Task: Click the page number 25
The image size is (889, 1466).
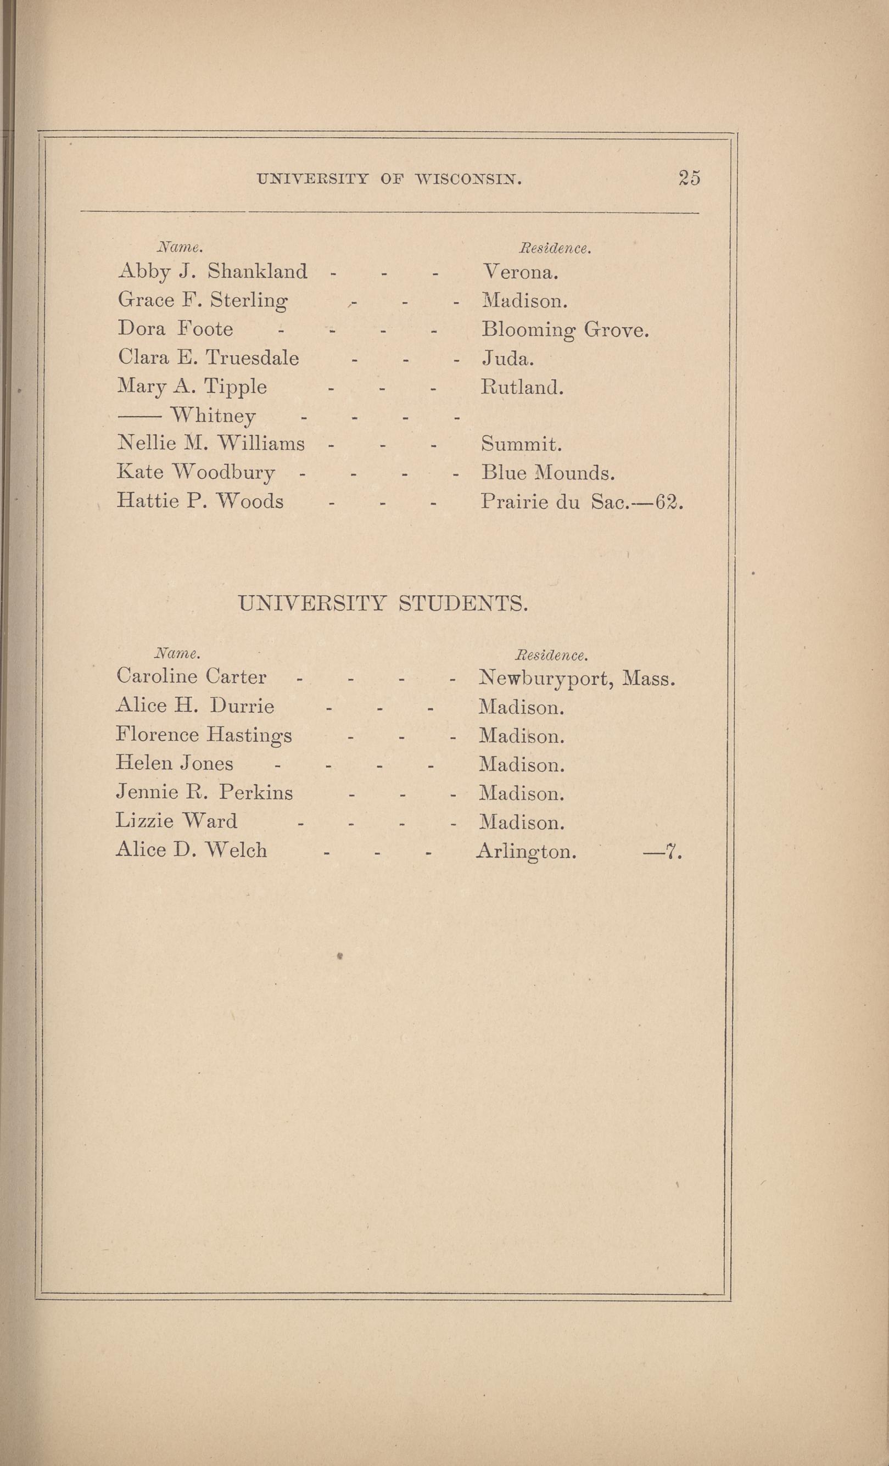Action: click(x=689, y=178)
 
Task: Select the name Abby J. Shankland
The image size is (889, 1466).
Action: click(x=213, y=272)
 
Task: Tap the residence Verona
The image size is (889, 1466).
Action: click(x=519, y=272)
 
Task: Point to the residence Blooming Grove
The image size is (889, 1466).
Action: click(x=564, y=329)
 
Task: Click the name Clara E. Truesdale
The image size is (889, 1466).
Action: click(x=208, y=357)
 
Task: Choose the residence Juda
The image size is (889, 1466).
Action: click(x=507, y=358)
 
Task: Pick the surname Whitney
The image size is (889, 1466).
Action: click(x=213, y=415)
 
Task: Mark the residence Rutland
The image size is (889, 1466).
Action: click(x=521, y=387)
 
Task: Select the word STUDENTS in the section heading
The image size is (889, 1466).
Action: click(x=462, y=605)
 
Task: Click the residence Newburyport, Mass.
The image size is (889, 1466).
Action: click(x=577, y=678)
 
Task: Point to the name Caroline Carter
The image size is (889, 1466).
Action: click(x=191, y=676)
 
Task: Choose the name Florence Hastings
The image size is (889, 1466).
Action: click(x=204, y=735)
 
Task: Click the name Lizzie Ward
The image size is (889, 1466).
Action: click(x=176, y=821)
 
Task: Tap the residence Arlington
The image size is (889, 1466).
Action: click(x=526, y=852)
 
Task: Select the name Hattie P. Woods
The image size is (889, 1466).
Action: click(x=200, y=501)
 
